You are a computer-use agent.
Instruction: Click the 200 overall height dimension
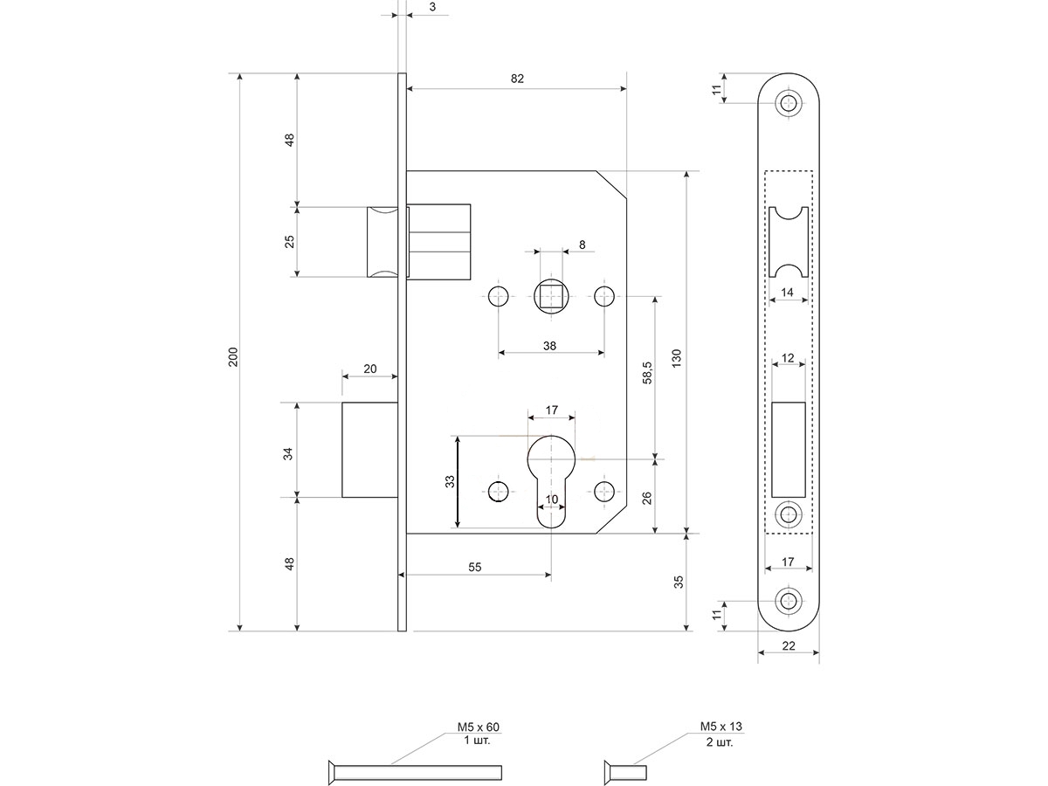point(232,356)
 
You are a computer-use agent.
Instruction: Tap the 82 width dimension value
point(517,79)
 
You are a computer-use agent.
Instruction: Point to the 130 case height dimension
point(676,356)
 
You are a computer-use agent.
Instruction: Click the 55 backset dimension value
point(475,567)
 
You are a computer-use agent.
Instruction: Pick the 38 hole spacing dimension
point(549,346)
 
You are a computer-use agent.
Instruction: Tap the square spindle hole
point(549,297)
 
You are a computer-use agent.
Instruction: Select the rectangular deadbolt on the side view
point(369,450)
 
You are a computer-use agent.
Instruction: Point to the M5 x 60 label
point(478,727)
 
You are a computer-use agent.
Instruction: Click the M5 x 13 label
point(720,727)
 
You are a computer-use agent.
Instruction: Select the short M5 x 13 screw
point(625,770)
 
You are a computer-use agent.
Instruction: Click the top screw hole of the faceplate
point(790,103)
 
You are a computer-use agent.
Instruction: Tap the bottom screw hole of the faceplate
point(790,602)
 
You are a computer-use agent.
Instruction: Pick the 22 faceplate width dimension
point(789,645)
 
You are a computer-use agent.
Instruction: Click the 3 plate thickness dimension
point(433,7)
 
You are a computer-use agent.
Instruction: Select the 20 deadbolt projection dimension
point(369,369)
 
